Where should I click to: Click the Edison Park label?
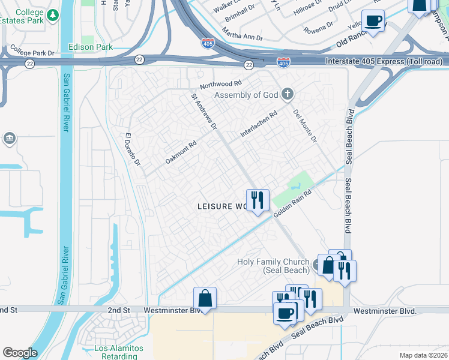91,47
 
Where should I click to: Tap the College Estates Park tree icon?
54,14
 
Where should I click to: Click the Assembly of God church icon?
288,94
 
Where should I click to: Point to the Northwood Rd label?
220,85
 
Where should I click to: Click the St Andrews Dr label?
204,111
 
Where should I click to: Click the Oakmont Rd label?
181,153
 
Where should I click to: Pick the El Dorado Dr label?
132,149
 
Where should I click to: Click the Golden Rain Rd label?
294,204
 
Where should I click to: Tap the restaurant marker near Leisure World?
258,200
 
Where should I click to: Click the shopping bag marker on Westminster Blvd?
205,298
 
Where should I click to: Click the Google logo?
20,353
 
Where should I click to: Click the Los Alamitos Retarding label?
119,352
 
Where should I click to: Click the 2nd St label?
119,310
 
